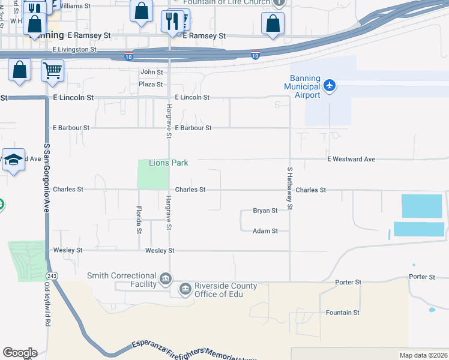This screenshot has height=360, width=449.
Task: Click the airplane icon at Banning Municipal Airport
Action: point(329,85)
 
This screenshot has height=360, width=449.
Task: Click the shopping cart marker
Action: point(52,71)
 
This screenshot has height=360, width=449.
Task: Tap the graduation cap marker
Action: point(13,160)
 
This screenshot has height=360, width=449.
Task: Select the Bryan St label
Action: point(265,211)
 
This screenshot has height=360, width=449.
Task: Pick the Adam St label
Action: point(265,230)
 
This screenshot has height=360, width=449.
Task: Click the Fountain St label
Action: point(343,313)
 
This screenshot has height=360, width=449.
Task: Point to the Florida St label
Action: point(139,220)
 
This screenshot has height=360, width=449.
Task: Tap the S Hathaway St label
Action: point(289,188)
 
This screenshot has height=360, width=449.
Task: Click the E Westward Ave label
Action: point(351,159)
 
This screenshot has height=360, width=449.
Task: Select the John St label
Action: point(148,72)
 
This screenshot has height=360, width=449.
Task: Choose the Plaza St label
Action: point(151,85)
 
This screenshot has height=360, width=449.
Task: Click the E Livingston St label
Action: point(75,49)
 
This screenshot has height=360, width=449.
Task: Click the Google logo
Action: point(20,353)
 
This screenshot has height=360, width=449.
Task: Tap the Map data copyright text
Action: point(424,355)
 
